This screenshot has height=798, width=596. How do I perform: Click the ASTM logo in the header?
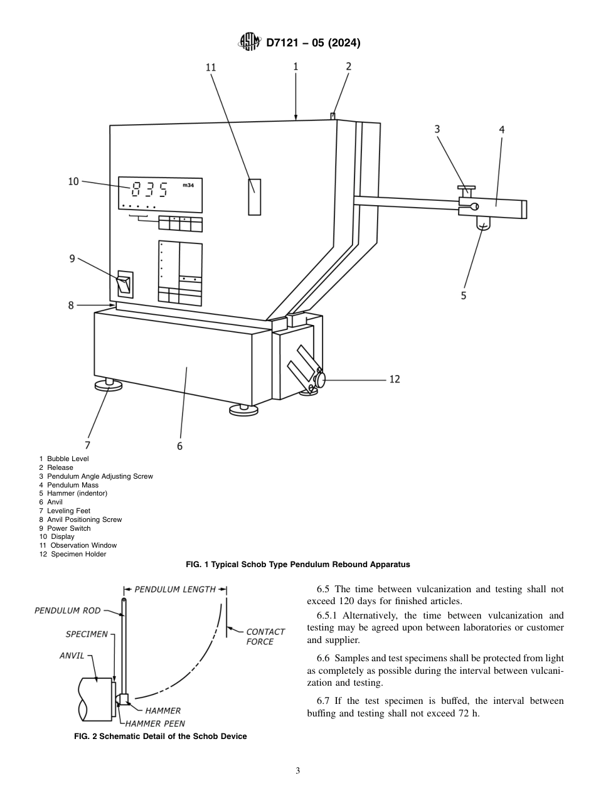[x=249, y=43]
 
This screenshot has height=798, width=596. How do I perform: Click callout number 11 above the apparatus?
[x=211, y=68]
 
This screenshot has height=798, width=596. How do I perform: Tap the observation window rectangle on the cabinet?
[x=254, y=196]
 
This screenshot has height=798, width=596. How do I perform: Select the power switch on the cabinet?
[x=125, y=284]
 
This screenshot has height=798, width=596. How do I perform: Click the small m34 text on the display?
[x=188, y=185]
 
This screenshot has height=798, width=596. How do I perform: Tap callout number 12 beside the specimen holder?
[x=395, y=379]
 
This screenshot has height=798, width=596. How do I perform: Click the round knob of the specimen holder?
[x=321, y=380]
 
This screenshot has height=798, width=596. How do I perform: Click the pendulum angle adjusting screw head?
[x=467, y=187]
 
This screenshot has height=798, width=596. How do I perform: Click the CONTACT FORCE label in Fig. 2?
[x=265, y=636]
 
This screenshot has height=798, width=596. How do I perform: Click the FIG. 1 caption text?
[x=298, y=565]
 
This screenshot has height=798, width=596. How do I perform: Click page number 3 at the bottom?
[x=298, y=771]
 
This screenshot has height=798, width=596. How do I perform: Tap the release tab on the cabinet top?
[x=333, y=115]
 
